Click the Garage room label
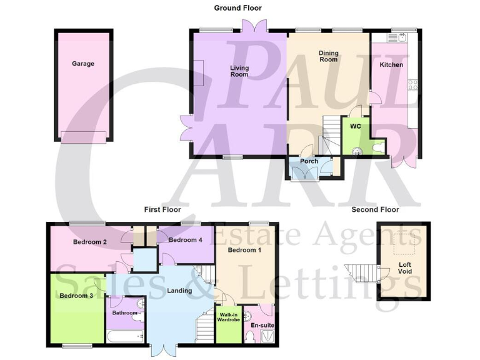pos(83,64)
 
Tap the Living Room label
pos(239,71)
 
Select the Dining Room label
pos(328,56)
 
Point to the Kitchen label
pos(392,65)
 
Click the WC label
pos(356,126)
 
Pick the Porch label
pos(309,161)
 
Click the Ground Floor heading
pos(238,8)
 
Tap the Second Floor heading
pos(375,210)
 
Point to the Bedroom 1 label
pos(244,251)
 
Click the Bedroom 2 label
pos(90,242)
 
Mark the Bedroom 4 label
pos(186,240)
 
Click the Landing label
pos(180,291)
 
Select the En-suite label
pos(262,326)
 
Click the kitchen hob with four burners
pos(412,84)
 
